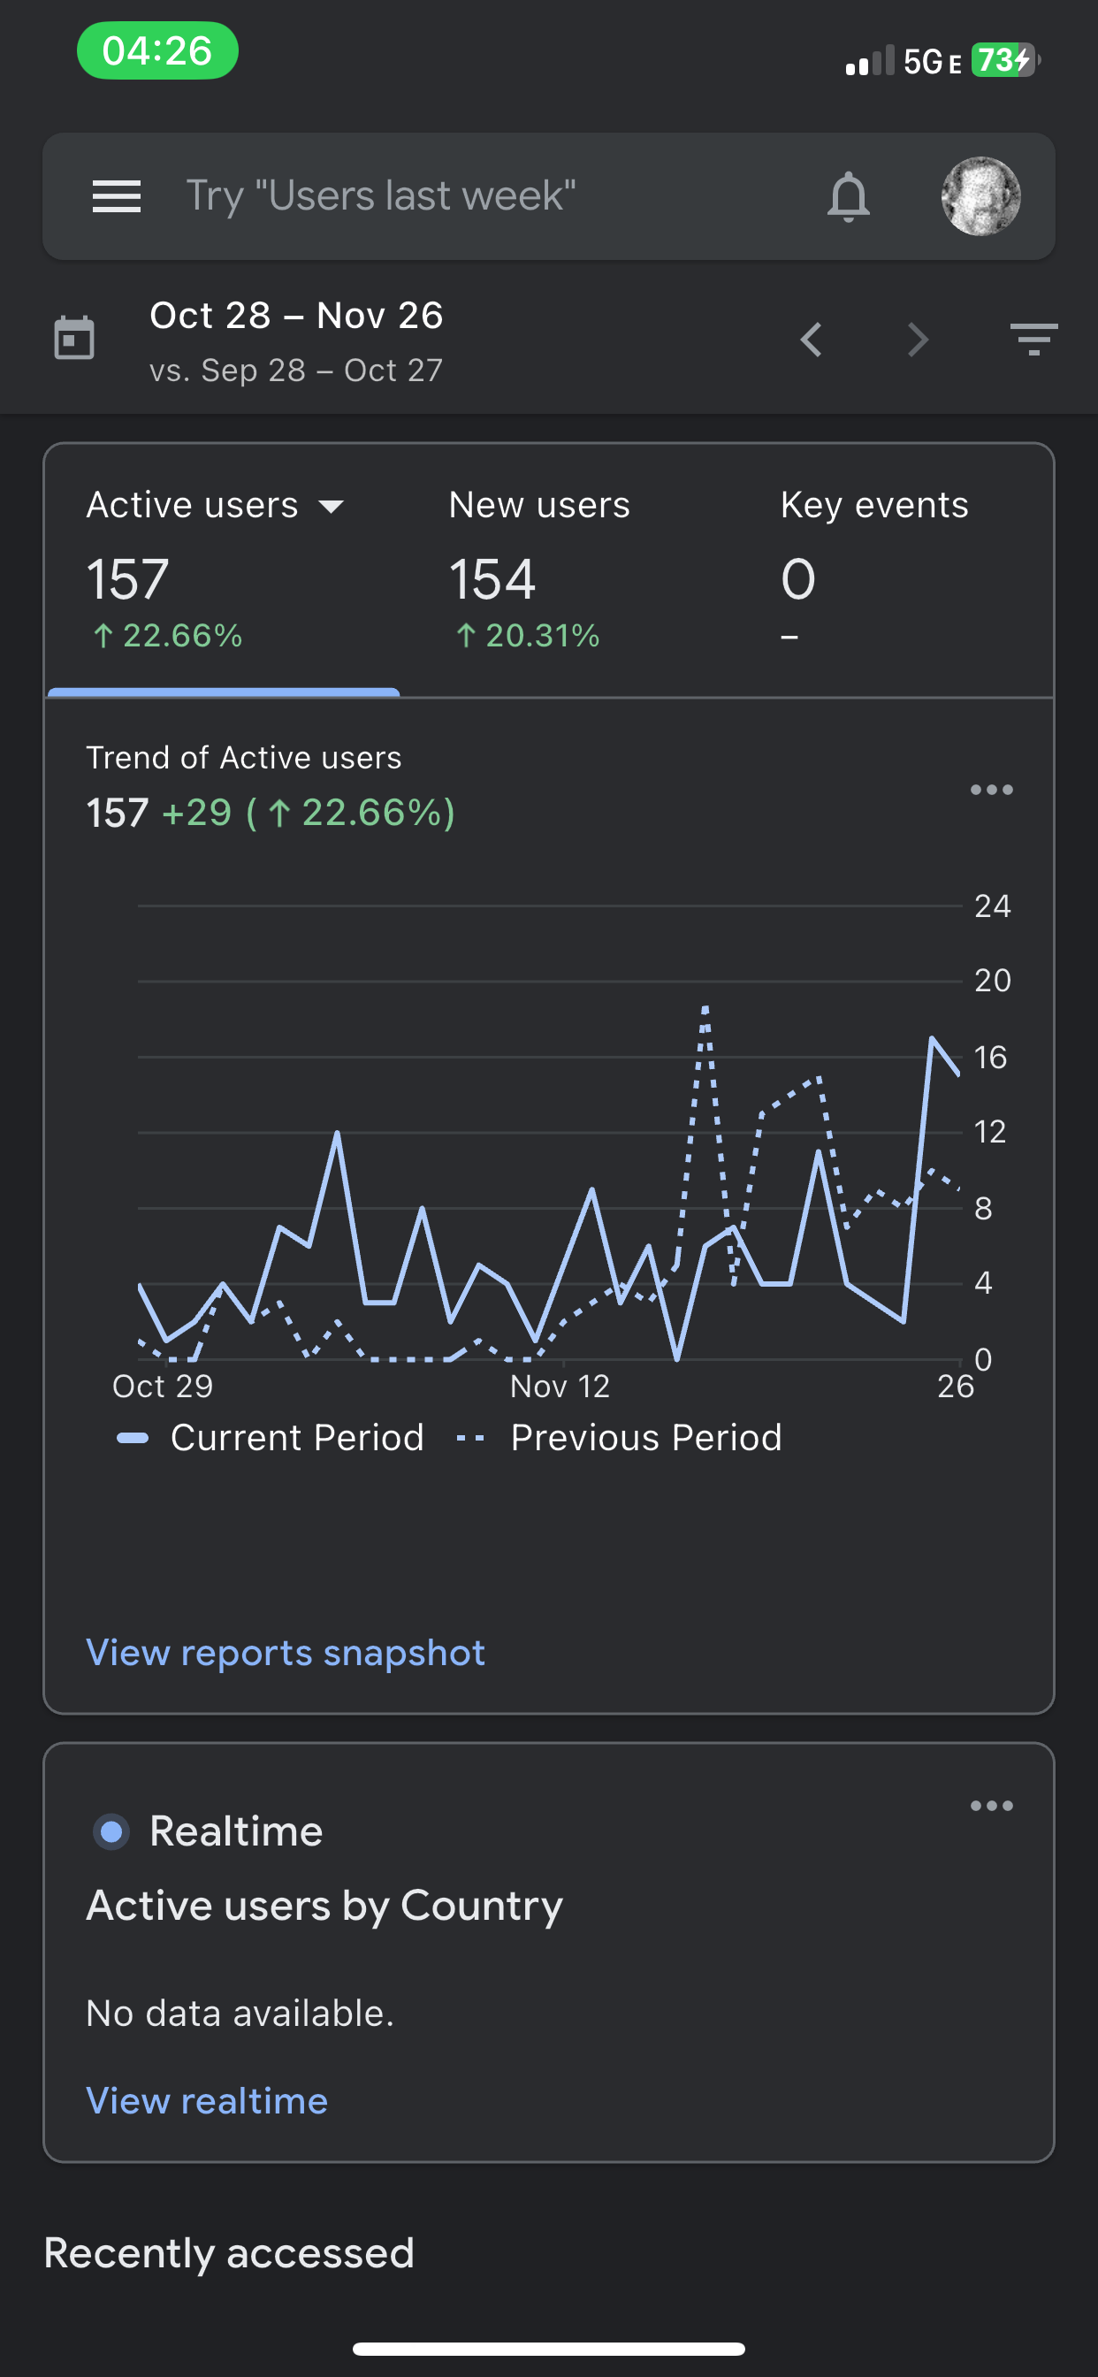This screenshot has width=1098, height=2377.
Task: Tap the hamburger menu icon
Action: coord(117,196)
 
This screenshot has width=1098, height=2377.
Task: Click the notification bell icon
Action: coord(848,196)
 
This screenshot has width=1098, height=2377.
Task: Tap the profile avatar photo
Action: coord(980,196)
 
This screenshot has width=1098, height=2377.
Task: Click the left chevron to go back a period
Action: coord(811,340)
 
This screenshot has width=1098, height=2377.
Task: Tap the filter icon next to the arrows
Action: coord(1033,340)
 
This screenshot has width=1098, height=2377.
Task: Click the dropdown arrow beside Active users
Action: coord(331,506)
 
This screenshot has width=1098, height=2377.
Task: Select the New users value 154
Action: coord(492,579)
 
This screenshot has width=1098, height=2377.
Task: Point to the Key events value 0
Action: coord(798,579)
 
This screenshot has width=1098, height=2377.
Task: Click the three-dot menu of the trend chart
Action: coord(991,790)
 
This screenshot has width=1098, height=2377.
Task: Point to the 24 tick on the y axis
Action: coord(992,906)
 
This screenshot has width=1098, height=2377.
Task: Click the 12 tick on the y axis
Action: coord(990,1131)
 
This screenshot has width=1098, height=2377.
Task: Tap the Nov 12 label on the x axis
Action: coord(560,1386)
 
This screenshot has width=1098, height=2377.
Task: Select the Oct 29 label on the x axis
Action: coord(163,1386)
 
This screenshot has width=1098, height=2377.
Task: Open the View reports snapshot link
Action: coord(286,1653)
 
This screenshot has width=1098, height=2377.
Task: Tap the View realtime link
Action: coord(207,2101)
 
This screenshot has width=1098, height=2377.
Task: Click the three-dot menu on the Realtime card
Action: coord(991,1806)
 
